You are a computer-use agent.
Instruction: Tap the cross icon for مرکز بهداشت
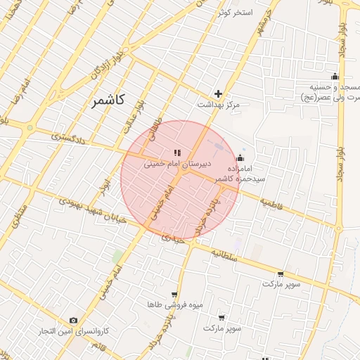tap(219, 94)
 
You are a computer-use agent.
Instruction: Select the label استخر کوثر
tap(235, 13)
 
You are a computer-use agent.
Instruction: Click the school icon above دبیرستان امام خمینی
tap(177, 153)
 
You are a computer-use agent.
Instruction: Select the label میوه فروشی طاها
tap(174, 304)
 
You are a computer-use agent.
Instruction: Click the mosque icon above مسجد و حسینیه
tap(335, 77)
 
